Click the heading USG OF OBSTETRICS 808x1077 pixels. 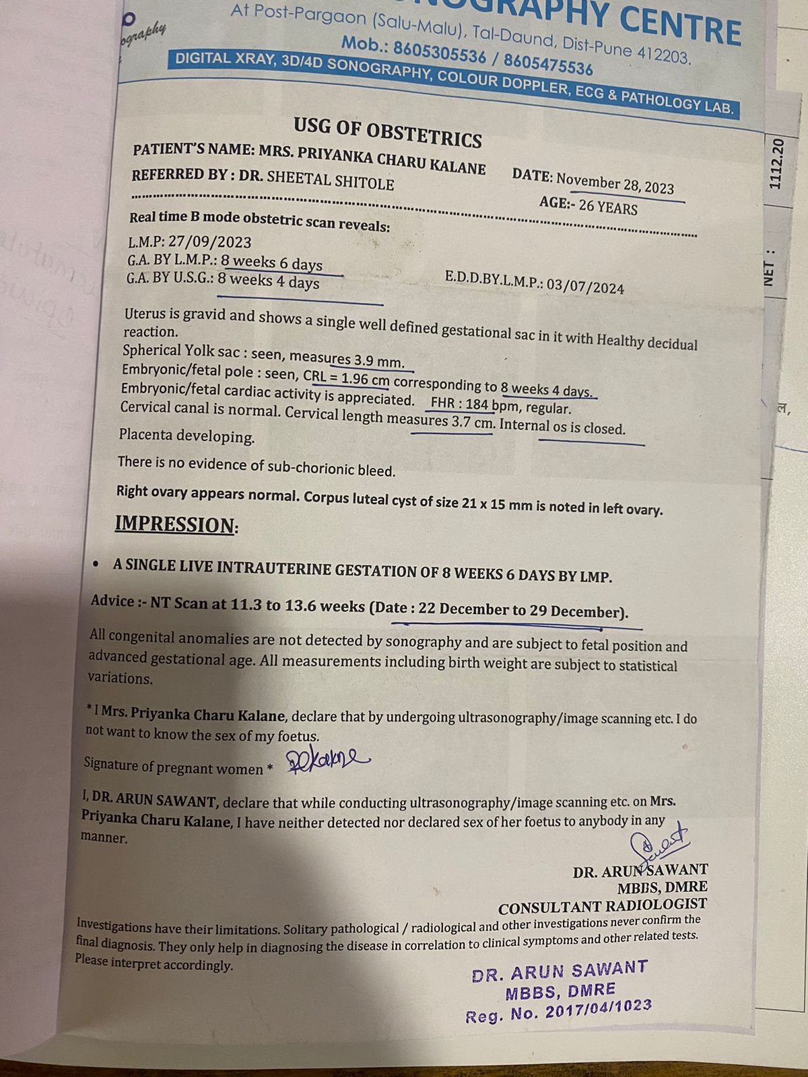click(x=387, y=132)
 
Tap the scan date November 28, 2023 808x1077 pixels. click(x=614, y=182)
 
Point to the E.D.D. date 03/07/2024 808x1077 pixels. click(x=585, y=287)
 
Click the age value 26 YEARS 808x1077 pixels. click(x=607, y=207)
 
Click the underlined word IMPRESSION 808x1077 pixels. click(x=174, y=524)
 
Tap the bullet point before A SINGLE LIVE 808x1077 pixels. click(x=98, y=563)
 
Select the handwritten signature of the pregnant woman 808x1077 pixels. click(x=327, y=761)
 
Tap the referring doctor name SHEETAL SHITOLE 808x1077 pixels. click(x=330, y=180)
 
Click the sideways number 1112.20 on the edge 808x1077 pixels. click(x=776, y=164)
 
